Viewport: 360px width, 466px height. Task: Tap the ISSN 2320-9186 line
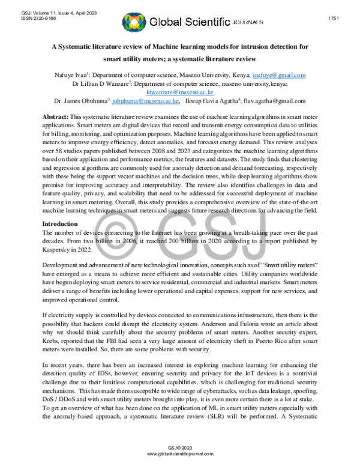[x=29, y=18]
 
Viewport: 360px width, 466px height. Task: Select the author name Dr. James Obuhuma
[x=81, y=102]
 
